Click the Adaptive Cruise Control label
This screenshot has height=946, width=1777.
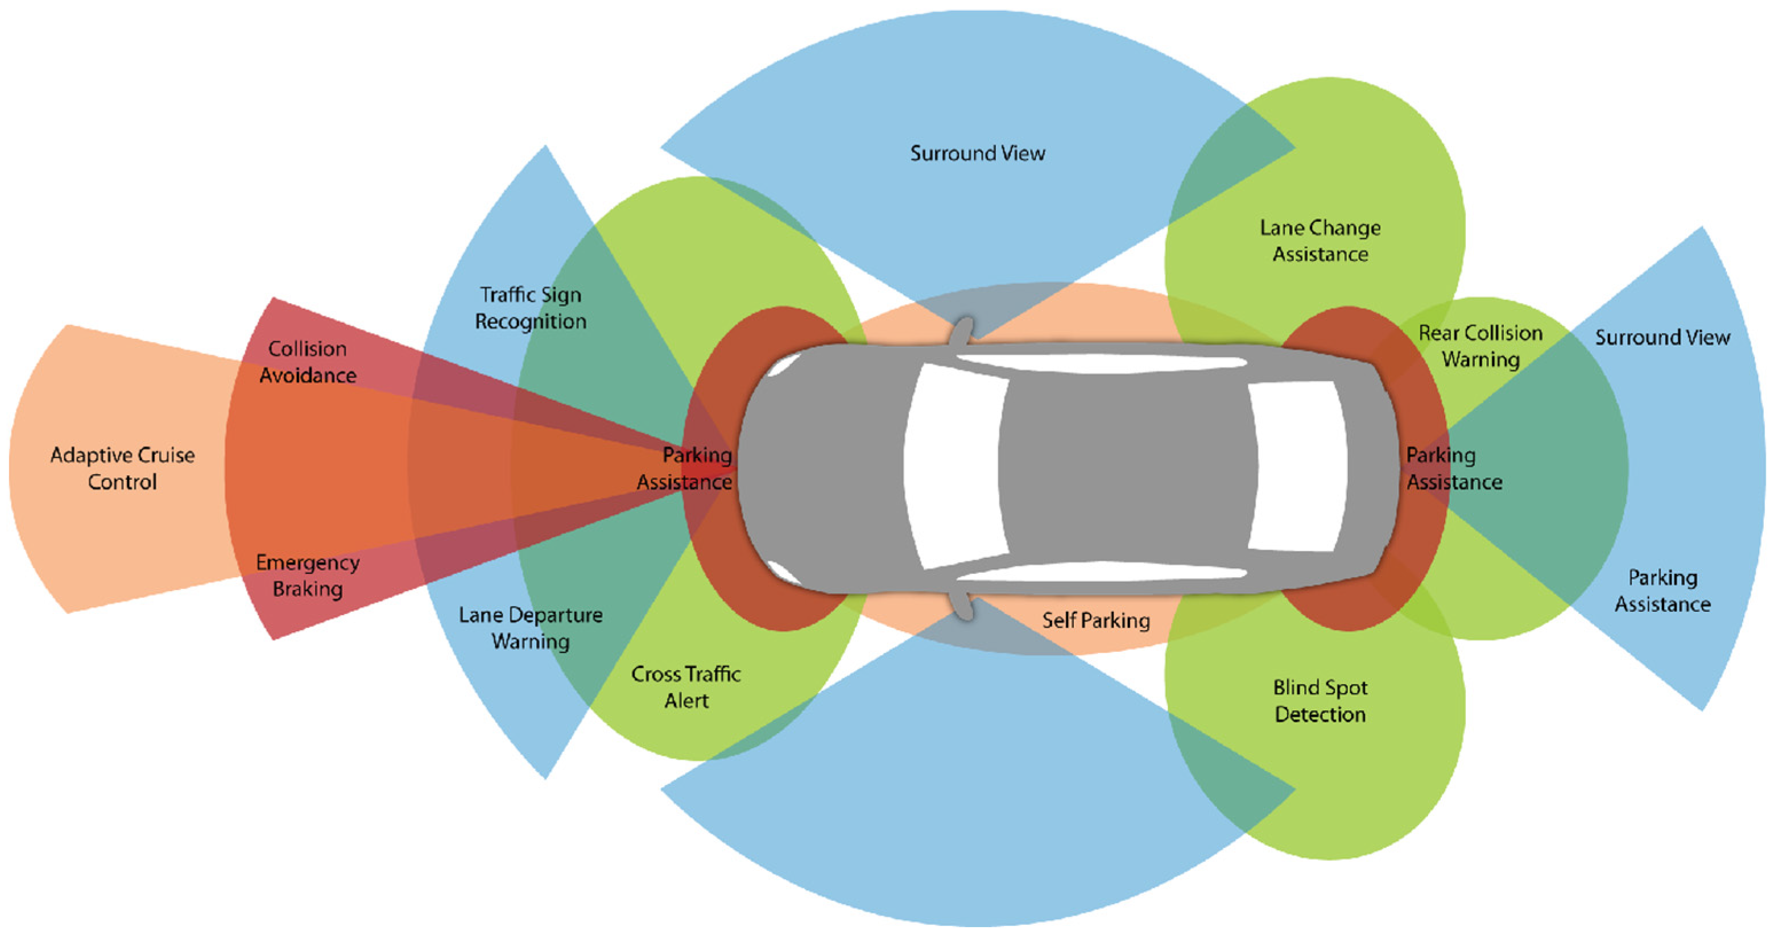click(122, 468)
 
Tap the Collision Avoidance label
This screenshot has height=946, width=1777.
click(308, 362)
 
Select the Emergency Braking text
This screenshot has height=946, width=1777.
click(308, 576)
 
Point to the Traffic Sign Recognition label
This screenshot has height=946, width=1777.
click(531, 308)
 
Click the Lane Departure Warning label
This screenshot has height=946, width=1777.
click(531, 628)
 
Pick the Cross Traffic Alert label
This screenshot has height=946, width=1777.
click(687, 687)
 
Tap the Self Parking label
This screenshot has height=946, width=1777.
click(1096, 620)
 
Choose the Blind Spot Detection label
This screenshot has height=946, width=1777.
click(1320, 701)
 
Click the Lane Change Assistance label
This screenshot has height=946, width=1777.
click(1320, 241)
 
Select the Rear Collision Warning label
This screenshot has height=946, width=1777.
click(1480, 346)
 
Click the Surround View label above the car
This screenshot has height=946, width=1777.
click(978, 153)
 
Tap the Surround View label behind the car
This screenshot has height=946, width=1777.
click(1662, 338)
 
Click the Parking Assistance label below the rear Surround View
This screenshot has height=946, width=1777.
click(1662, 591)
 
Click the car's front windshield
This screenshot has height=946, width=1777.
click(955, 467)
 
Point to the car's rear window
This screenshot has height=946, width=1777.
click(1297, 467)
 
